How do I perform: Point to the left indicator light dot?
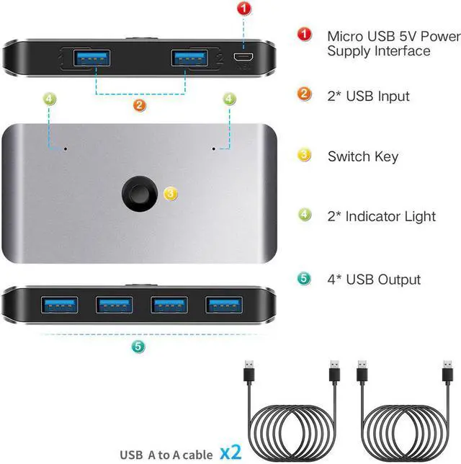click(66, 149)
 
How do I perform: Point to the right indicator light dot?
click(213, 149)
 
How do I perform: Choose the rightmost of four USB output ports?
click(224, 305)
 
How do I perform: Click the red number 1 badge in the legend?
click(305, 35)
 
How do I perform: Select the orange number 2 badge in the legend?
click(305, 94)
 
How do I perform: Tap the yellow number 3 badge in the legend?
click(305, 155)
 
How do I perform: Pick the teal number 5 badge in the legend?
click(305, 278)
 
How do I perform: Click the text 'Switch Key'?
click(362, 156)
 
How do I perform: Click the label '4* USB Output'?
click(374, 280)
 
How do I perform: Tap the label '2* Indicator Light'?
click(381, 216)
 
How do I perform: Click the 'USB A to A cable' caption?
click(166, 454)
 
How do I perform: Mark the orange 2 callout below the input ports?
click(140, 105)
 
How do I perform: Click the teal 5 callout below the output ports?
click(139, 347)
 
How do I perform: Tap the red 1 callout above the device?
click(245, 9)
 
